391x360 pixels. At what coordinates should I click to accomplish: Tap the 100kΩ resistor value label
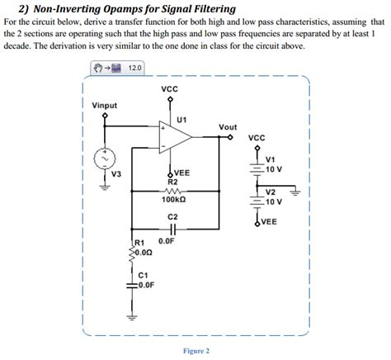[172, 199]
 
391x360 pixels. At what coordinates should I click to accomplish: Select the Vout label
[228, 127]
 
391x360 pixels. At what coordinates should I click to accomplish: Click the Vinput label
[105, 105]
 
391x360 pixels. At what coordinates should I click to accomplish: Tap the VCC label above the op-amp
[171, 88]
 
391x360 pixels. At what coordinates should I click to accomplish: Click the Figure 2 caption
[195, 351]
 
